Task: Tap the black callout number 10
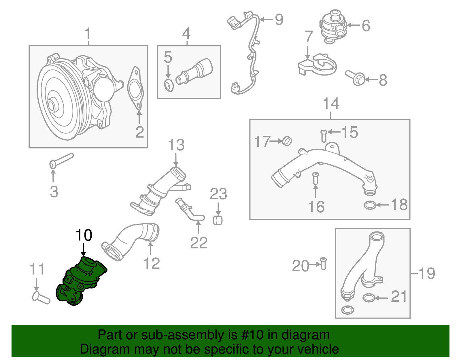point(84,235)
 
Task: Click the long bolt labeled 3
point(62,161)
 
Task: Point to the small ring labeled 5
point(169,85)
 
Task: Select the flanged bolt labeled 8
point(356,77)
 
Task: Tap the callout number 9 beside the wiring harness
point(279,20)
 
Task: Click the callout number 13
point(176,145)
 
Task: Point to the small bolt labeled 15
point(324,135)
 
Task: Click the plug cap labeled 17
point(287,141)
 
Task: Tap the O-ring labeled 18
point(370,206)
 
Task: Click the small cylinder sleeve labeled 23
point(218,220)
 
